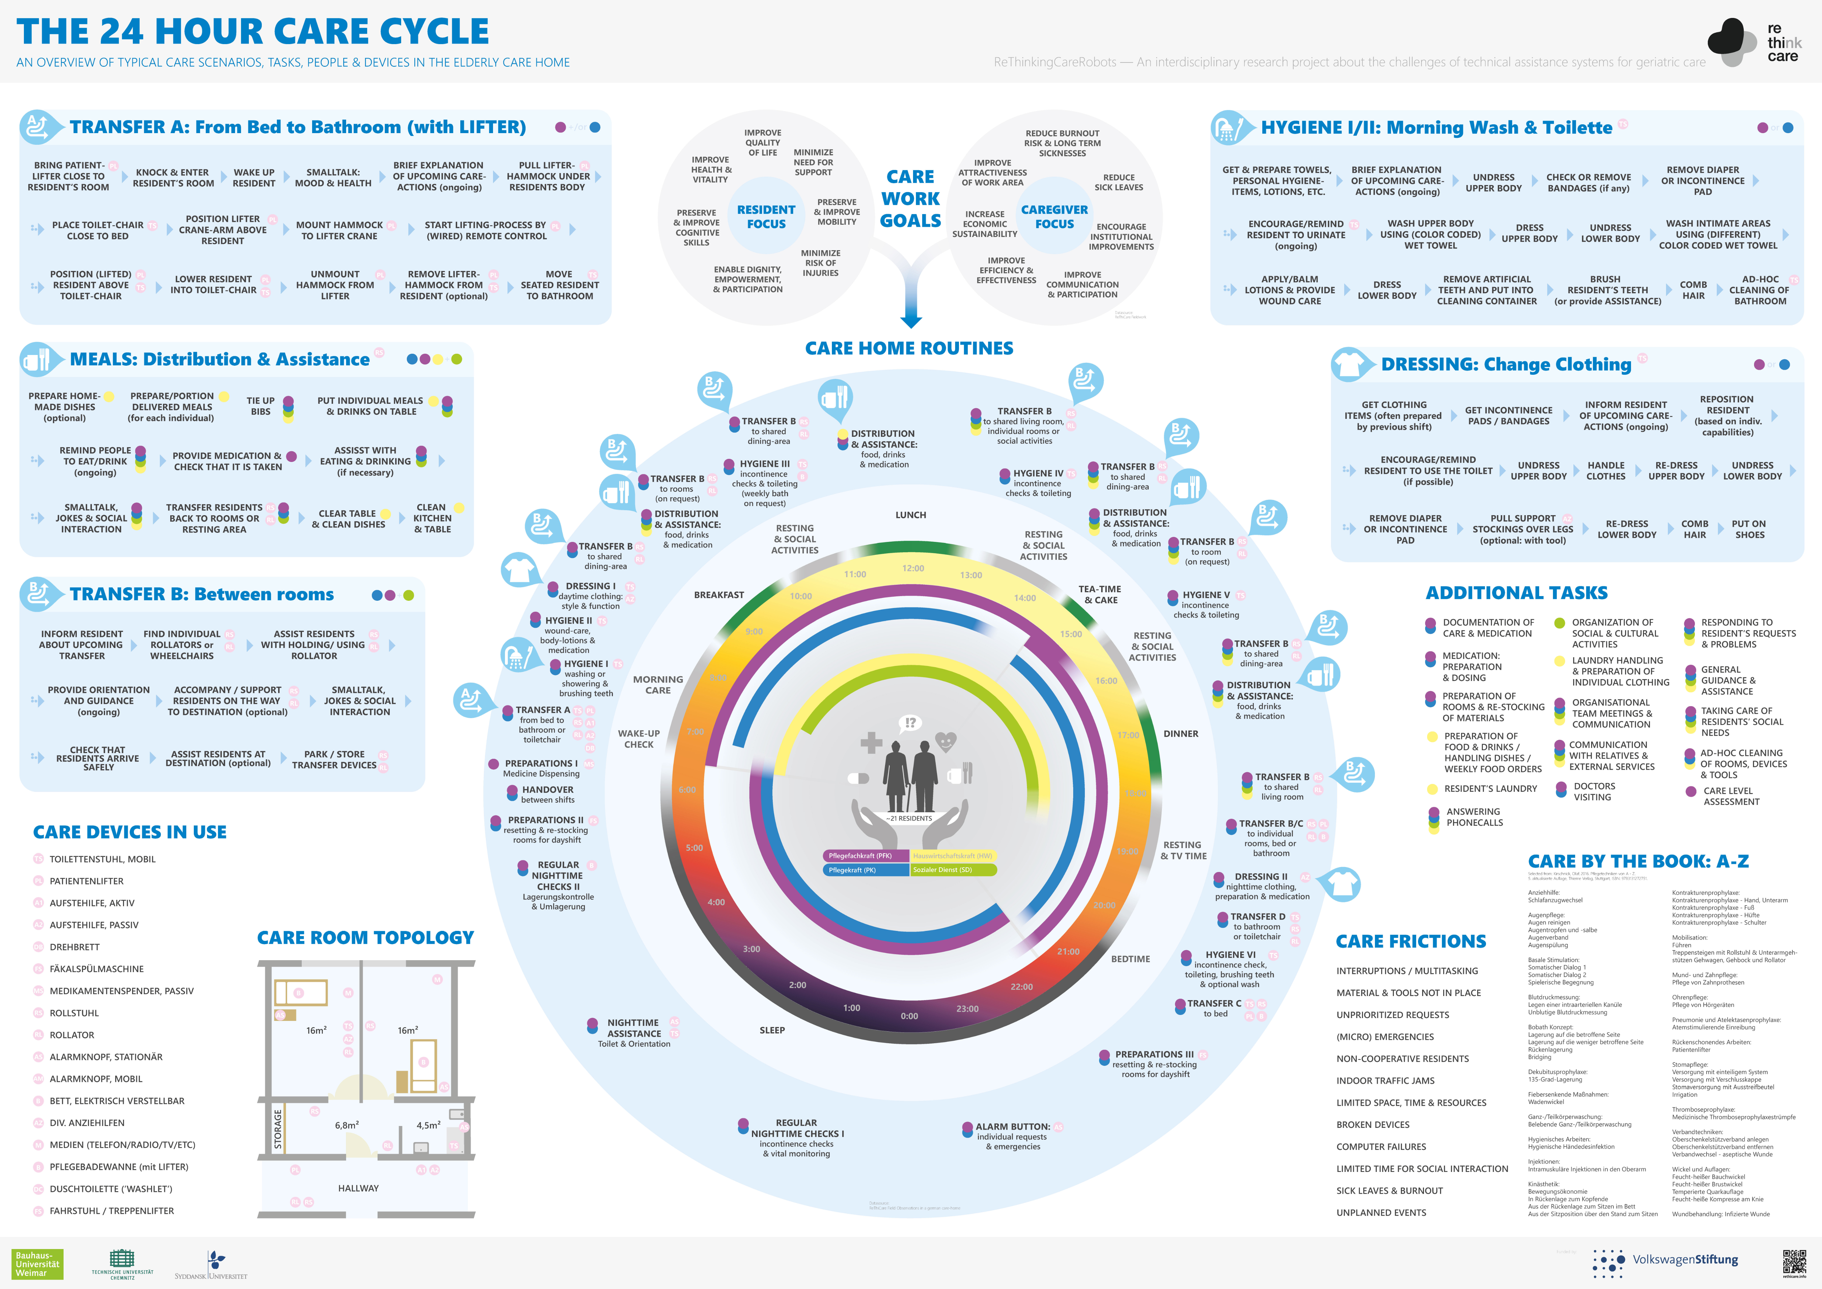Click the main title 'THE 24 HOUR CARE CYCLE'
click(x=252, y=32)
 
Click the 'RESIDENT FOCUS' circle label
click(x=766, y=217)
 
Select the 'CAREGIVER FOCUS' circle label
click(x=1054, y=217)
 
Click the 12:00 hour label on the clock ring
click(x=913, y=568)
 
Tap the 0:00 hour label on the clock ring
click(x=909, y=1016)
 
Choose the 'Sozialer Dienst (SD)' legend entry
click(x=952, y=870)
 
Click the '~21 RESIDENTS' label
click(x=909, y=818)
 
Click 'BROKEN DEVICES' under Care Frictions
click(x=1373, y=1125)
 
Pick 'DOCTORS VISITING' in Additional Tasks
click(x=1594, y=791)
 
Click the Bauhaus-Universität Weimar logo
click(x=37, y=1264)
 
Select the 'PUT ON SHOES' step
click(x=1749, y=529)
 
